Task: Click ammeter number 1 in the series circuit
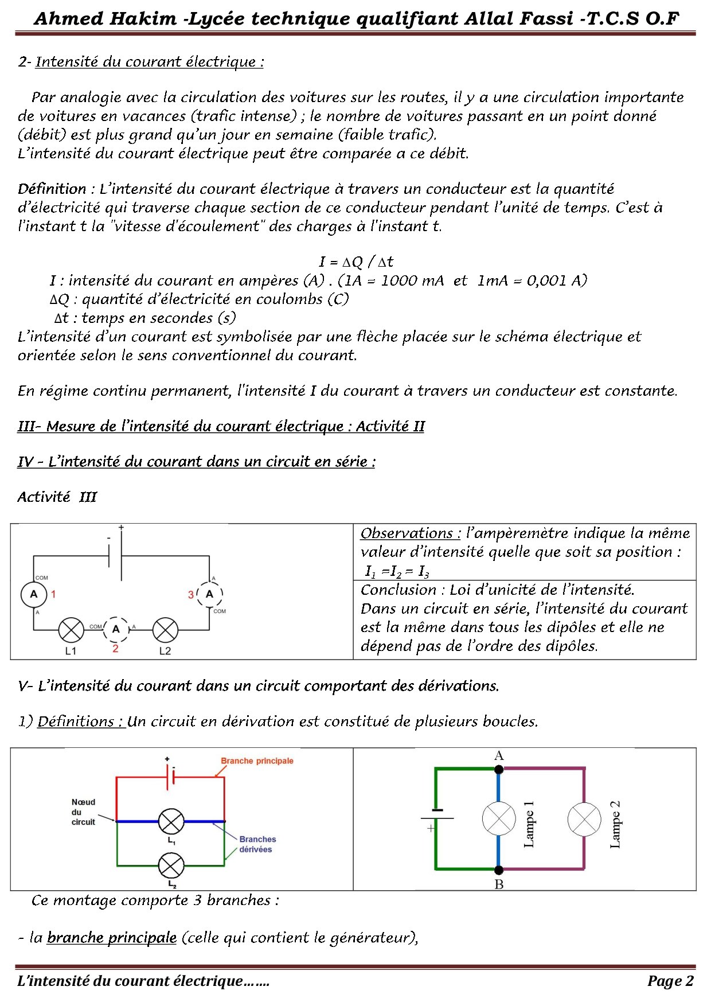pos(34,594)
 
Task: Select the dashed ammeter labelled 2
pos(116,629)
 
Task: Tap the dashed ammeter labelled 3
pos(209,594)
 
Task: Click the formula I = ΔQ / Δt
pos(356,262)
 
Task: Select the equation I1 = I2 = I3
pos(397,571)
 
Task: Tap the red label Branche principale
pos(257,761)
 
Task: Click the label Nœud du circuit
pos(83,812)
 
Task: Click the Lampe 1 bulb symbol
pos(499,820)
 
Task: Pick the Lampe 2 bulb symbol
pos(584,820)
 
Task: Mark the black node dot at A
pos(499,769)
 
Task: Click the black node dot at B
pos(499,869)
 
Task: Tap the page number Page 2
pos(670,981)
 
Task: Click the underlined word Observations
pos(410,533)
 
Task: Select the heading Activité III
pos(57,497)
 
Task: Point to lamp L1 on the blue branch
pos(171,822)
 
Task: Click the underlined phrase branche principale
pos(112,938)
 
